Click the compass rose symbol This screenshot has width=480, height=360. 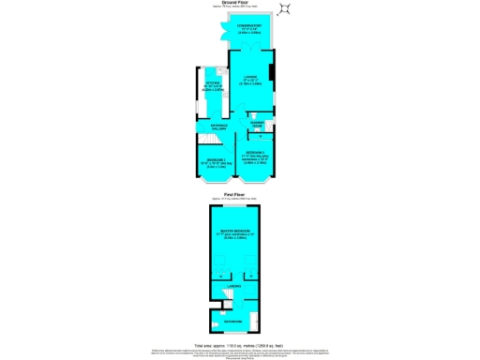(287, 10)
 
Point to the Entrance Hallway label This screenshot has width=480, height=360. (218, 126)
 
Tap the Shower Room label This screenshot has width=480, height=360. (260, 123)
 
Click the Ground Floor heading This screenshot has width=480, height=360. (239, 3)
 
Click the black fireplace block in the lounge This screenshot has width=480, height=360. (272, 72)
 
